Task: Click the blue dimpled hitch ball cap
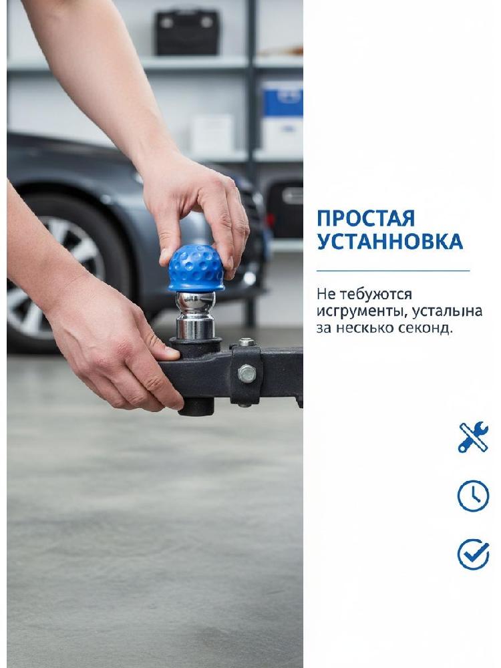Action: tap(196, 269)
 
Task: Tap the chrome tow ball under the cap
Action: tap(196, 315)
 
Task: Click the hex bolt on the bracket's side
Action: tap(246, 373)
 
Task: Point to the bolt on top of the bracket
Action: tap(246, 341)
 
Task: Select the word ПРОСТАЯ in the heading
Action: tap(365, 218)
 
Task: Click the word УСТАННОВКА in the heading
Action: tap(389, 242)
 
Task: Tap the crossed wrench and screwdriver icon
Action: tap(473, 437)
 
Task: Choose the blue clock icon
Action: tap(473, 496)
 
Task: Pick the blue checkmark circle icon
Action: tap(473, 554)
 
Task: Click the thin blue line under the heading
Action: tap(393, 271)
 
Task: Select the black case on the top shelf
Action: tap(188, 32)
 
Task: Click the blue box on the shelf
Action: tap(282, 99)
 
